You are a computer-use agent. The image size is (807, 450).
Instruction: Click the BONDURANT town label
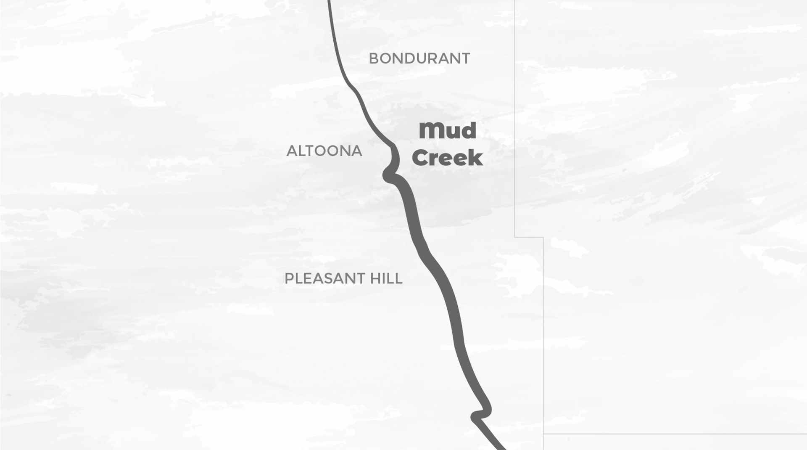tap(419, 58)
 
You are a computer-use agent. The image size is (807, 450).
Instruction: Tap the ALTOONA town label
tap(324, 151)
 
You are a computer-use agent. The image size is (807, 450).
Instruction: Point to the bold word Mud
tap(447, 131)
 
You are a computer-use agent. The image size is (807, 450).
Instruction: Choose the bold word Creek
tap(447, 158)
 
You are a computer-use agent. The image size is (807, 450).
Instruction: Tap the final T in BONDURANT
tap(466, 58)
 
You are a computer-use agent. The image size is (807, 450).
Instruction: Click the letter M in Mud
tap(430, 132)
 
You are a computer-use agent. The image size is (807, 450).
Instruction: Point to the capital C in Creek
tap(421, 159)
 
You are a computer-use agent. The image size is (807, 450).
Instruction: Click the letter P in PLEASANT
tap(289, 278)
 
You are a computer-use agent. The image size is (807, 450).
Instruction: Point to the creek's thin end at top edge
tap(329, 2)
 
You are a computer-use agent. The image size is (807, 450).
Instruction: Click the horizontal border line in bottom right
tap(672, 434)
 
